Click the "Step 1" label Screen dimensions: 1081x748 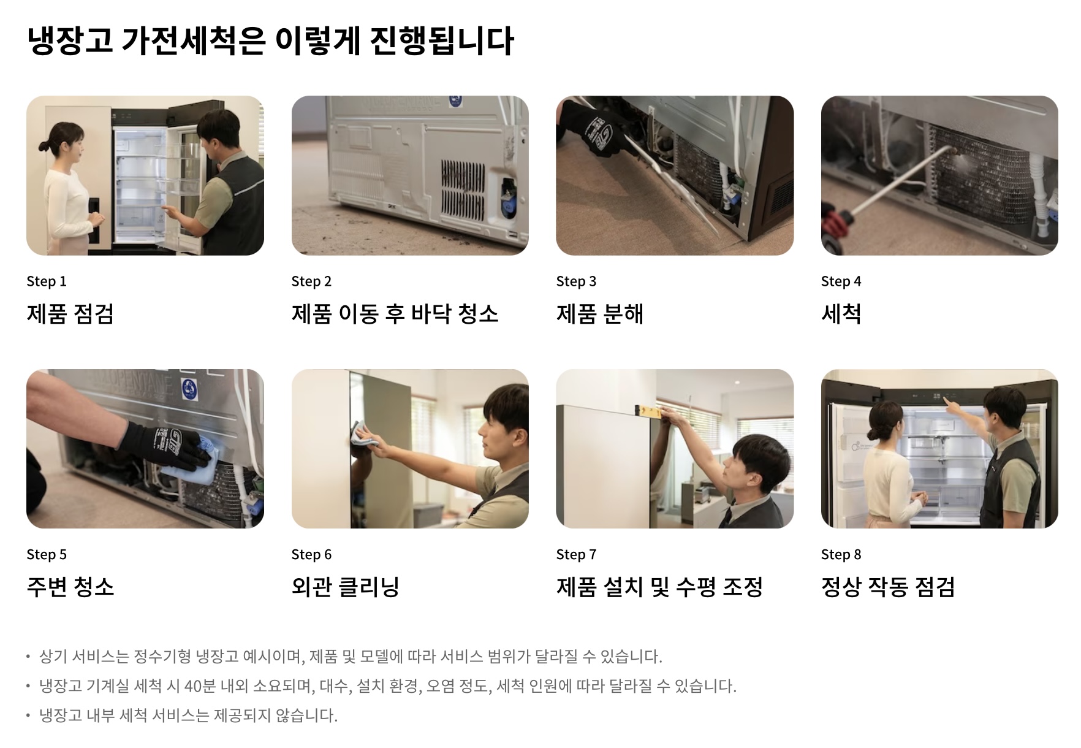coord(47,281)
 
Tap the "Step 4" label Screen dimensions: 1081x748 coord(841,281)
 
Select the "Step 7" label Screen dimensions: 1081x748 coord(576,555)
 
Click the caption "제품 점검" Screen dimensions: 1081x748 coord(70,314)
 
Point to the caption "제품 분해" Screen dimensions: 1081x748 coord(600,314)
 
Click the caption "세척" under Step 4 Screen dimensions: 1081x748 coord(841,314)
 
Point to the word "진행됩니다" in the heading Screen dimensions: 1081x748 coord(442,41)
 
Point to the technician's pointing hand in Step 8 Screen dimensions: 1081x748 coord(950,404)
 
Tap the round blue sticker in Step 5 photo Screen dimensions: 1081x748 coord(189,387)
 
